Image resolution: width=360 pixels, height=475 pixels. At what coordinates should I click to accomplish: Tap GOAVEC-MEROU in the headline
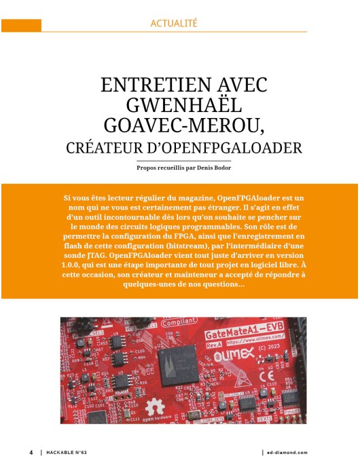coord(180,126)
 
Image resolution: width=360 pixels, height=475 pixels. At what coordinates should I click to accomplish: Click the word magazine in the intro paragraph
coord(189,197)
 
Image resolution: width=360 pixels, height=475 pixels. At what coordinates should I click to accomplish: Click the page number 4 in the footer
coord(31,452)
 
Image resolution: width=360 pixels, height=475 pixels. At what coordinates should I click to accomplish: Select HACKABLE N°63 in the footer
coord(70,452)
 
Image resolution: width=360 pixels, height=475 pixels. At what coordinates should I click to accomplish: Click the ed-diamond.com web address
coord(287,452)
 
